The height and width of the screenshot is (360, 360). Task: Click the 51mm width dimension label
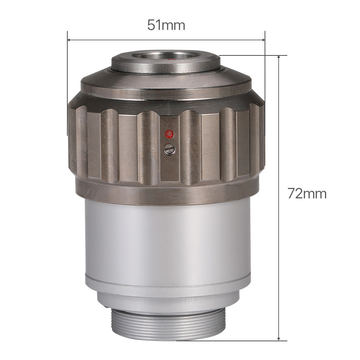click(x=166, y=25)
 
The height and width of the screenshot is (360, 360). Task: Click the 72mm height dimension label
click(x=307, y=194)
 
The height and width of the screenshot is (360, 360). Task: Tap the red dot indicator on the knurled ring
click(x=169, y=134)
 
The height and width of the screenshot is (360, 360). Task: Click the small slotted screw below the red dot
click(x=169, y=148)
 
